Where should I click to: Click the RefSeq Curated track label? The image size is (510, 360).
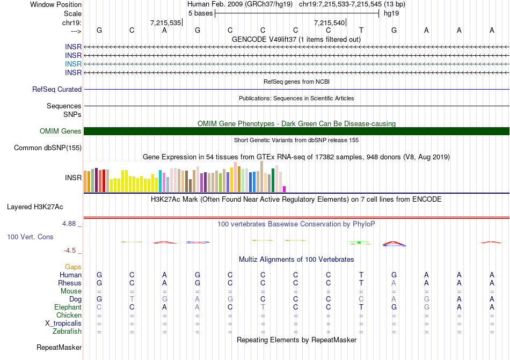coord(57,90)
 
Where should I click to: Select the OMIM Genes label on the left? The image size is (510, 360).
coord(61,131)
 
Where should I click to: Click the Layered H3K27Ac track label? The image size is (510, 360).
coord(35,207)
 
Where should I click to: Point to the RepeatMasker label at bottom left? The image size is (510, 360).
coord(59,348)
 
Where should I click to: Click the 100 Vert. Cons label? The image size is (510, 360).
coord(31,237)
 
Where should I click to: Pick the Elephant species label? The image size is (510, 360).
coord(68,307)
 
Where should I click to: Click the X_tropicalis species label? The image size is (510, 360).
coord(63,324)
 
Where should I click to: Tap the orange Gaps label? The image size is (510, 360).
coord(73,267)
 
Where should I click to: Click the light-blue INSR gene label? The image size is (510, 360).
coord(73,64)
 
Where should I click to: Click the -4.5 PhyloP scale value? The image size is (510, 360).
coord(72,251)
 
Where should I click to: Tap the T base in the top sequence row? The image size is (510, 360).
coord(361,31)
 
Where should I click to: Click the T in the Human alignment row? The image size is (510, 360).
coord(361,275)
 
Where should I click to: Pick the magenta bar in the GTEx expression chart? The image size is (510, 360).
coord(285,189)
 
